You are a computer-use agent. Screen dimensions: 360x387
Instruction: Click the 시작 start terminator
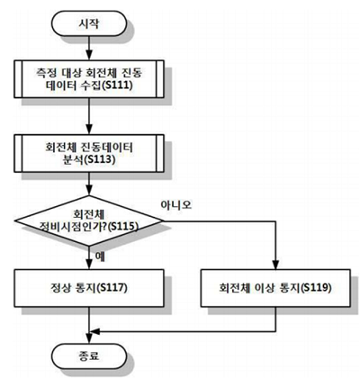(x=89, y=23)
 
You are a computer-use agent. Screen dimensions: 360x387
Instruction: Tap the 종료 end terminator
(x=89, y=355)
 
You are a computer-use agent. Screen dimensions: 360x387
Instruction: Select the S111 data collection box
(x=89, y=79)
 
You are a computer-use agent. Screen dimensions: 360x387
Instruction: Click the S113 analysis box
(x=89, y=153)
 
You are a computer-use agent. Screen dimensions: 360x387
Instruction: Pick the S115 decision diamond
(x=89, y=221)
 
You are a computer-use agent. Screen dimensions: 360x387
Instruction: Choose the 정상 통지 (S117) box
(x=89, y=288)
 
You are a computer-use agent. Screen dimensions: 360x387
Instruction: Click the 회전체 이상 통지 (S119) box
(x=275, y=288)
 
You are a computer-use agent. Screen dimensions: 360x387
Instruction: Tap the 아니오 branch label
(x=176, y=205)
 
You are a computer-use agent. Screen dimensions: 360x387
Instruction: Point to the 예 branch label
(x=100, y=256)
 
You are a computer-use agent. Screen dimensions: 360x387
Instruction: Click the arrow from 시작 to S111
(x=89, y=48)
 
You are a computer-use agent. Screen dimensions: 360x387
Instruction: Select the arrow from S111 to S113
(x=89, y=116)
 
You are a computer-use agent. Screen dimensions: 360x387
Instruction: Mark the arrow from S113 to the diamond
(x=89, y=184)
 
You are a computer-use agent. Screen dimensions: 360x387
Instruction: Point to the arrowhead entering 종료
(x=89, y=339)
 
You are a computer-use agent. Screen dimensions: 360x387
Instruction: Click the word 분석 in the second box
(x=72, y=159)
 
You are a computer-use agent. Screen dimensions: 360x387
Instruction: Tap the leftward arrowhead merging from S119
(x=94, y=331)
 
